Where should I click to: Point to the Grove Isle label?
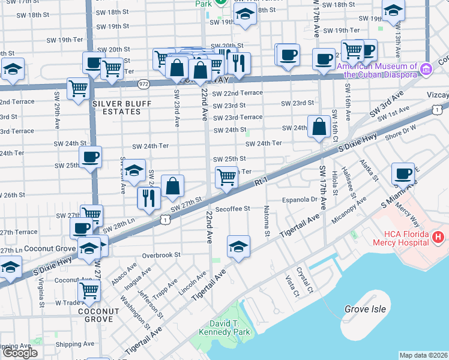[364, 309]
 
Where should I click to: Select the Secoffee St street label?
[232, 210]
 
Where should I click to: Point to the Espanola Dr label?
[300, 200]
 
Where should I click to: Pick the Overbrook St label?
[161, 255]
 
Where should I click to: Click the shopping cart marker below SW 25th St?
[226, 177]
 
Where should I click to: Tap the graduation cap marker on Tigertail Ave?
[238, 246]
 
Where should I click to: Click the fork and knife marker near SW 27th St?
[148, 198]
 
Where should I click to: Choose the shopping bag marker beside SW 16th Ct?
[319, 127]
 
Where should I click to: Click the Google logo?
[20, 353]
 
